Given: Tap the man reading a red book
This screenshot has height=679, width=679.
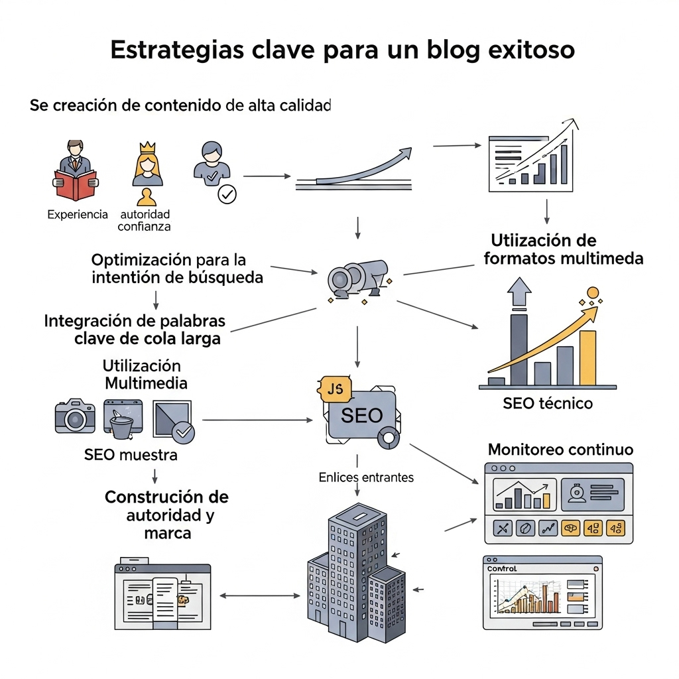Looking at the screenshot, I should click(x=75, y=171).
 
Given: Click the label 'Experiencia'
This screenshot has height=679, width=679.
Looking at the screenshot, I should click(x=78, y=214).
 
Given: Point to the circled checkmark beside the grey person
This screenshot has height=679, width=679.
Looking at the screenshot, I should click(x=227, y=194).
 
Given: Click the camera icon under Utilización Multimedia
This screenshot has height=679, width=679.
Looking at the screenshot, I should click(x=74, y=417).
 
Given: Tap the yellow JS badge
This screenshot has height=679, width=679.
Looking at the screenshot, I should click(x=335, y=389).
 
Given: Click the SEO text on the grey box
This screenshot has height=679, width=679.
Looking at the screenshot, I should click(x=361, y=416).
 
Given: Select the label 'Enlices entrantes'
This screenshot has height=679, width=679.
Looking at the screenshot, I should click(x=366, y=477).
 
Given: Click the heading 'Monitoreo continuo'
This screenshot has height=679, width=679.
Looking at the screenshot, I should click(x=560, y=450).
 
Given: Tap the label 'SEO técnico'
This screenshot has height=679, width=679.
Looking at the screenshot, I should click(x=548, y=403).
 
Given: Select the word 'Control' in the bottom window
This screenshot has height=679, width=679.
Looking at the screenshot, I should click(x=501, y=569).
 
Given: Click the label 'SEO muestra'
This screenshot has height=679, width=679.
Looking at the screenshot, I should click(x=131, y=455).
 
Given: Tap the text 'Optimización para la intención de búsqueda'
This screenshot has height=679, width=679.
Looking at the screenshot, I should click(x=177, y=269).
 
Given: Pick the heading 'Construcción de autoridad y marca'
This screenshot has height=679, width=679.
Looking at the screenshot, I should click(x=166, y=515).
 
